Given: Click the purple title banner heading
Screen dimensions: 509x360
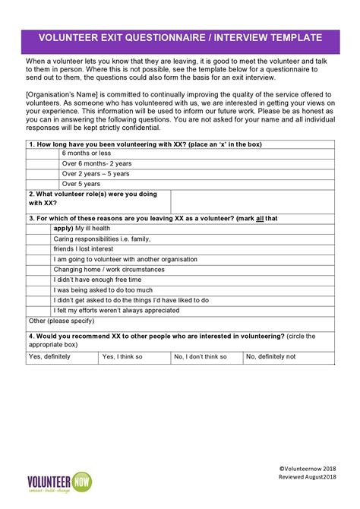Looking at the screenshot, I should tap(180, 37).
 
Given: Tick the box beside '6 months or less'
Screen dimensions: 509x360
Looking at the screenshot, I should tap(43, 153).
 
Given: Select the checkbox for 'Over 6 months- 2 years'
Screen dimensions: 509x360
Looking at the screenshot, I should tap(43, 163).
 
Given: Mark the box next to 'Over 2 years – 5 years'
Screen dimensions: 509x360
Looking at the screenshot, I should tap(43, 173).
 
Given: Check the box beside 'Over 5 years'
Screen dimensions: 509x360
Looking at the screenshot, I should tap(43, 183).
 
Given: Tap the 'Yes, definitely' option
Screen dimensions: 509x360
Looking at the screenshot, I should tap(62, 356).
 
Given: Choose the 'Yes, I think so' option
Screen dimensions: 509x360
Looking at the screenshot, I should tap(134, 356).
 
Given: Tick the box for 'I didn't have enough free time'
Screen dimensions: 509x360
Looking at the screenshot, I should tap(38, 280).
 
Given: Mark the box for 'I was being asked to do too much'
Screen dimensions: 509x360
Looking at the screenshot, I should tap(38, 289).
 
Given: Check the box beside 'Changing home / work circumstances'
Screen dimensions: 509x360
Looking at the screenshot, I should tap(38, 269).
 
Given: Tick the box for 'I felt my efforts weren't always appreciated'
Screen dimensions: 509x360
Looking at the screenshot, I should tap(38, 310).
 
